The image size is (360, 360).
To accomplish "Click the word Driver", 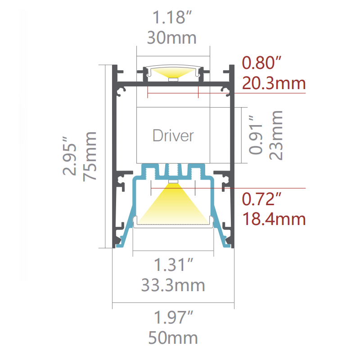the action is click(x=173, y=136).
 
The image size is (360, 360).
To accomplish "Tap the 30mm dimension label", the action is click(x=172, y=38).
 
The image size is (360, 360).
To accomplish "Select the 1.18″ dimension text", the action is click(x=172, y=17).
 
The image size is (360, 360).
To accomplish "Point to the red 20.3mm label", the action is click(x=274, y=83).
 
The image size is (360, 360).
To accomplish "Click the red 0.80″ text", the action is click(x=261, y=63).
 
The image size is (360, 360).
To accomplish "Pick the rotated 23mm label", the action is click(x=276, y=135).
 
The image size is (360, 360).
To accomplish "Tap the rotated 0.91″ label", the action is click(x=255, y=135).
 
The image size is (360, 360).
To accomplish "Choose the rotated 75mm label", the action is click(x=90, y=157).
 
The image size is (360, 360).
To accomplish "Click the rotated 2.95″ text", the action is click(x=69, y=156).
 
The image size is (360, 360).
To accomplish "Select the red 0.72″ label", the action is click(x=261, y=199).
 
